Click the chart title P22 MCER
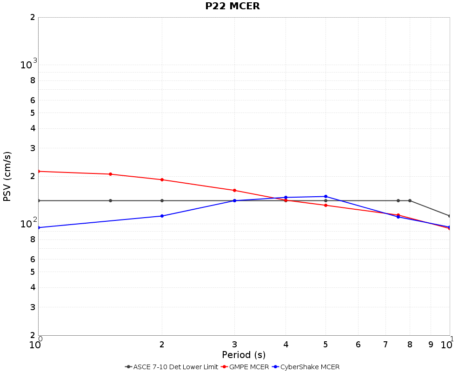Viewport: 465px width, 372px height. click(232, 6)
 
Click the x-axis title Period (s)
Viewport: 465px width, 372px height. click(244, 355)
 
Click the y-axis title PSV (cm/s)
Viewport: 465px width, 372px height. click(7, 176)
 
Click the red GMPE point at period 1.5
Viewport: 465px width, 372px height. click(110, 174)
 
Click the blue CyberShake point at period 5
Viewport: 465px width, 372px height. click(325, 196)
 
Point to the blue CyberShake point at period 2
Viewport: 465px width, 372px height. click(162, 216)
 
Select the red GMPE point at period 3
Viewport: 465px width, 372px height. click(234, 190)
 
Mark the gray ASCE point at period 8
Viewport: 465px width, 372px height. click(410, 200)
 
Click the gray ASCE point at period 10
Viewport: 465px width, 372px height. click(450, 216)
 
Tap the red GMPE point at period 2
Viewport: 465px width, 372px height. click(162, 179)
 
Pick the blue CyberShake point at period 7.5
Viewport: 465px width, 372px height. click(398, 217)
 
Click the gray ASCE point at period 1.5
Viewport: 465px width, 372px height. click(110, 200)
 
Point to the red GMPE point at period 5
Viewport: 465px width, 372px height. click(325, 205)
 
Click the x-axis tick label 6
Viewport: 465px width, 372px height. click(358, 345)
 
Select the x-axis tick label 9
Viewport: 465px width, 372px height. click(431, 345)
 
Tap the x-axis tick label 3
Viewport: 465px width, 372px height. click(234, 345)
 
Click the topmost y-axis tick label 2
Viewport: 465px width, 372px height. click(32, 17)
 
